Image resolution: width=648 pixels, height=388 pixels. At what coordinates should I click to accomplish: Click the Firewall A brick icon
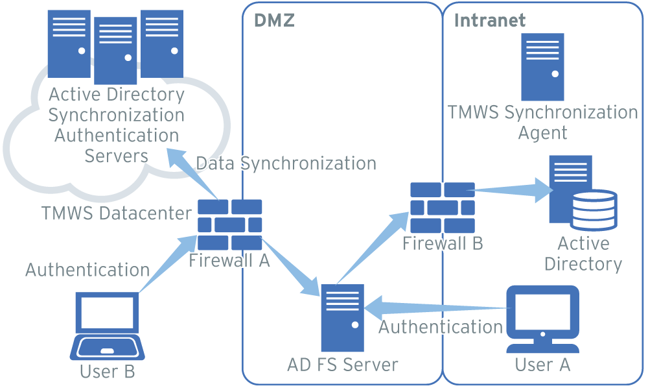tap(229, 224)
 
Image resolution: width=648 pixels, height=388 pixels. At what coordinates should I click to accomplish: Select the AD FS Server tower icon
tap(342, 317)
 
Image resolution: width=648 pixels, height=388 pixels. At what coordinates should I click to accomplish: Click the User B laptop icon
tap(108, 326)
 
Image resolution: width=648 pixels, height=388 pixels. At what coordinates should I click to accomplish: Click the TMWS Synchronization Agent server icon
tap(543, 67)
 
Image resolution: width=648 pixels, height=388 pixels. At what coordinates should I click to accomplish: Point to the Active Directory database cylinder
tap(594, 209)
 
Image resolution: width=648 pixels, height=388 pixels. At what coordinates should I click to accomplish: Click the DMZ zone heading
tap(274, 20)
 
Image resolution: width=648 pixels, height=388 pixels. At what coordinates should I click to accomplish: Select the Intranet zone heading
tap(490, 20)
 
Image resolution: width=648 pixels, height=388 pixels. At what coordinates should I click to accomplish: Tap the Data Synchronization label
tap(286, 163)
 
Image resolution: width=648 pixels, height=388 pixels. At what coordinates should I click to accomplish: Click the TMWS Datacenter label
tap(117, 213)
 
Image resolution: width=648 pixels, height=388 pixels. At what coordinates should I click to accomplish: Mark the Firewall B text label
tap(443, 243)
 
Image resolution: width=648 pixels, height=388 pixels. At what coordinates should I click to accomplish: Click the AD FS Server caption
tap(343, 364)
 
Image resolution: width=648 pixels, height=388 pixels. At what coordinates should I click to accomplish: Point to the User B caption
tap(108, 371)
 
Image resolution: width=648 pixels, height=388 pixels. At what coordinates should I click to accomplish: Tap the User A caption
tap(542, 365)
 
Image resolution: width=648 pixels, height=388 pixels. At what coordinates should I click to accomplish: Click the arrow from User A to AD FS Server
tap(434, 306)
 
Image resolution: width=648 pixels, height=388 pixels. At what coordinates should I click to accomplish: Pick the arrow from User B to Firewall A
tap(162, 266)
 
